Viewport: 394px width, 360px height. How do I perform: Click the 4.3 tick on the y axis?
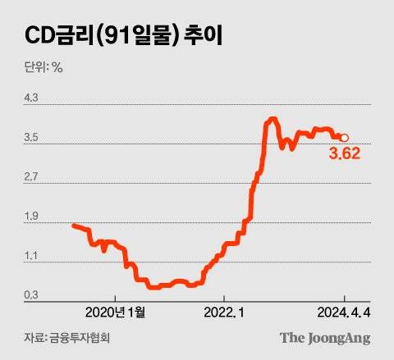(32, 98)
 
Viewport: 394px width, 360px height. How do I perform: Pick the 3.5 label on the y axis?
(32, 138)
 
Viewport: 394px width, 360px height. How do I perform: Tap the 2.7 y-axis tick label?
(32, 177)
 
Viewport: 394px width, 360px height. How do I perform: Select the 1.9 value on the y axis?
(32, 216)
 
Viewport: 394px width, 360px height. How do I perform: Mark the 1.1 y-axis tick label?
(32, 256)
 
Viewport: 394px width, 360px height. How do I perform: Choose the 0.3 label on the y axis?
(32, 295)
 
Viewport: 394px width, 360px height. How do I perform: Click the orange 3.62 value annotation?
(345, 153)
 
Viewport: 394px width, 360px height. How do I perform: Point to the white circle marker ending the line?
(345, 138)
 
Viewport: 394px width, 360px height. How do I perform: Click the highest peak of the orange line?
(272, 121)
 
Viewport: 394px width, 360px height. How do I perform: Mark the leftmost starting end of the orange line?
(74, 225)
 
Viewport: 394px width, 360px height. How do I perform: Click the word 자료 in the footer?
(34, 338)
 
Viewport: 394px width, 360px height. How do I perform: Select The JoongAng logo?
(325, 337)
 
